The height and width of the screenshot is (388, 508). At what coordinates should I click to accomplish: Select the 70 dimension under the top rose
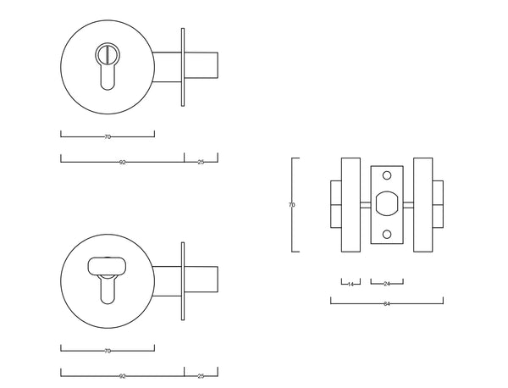(x=108, y=136)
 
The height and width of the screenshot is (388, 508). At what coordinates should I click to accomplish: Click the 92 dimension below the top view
(x=123, y=161)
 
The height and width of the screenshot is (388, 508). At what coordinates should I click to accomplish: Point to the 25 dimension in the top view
(x=201, y=161)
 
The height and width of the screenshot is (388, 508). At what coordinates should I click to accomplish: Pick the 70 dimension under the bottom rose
(x=108, y=350)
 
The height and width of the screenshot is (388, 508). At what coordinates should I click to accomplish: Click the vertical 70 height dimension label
(x=292, y=204)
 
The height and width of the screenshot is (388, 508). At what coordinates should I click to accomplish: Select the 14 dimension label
(x=350, y=283)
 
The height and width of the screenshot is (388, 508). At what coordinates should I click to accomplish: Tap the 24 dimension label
(x=387, y=283)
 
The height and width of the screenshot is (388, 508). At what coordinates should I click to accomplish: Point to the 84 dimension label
(x=387, y=302)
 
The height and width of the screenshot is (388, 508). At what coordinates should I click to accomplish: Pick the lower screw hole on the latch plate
(x=387, y=235)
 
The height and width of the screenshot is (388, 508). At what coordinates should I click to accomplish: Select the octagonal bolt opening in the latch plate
(x=387, y=204)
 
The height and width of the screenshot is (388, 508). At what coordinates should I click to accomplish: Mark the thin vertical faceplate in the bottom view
(x=182, y=280)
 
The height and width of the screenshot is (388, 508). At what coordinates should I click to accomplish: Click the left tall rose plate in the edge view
(x=350, y=204)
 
